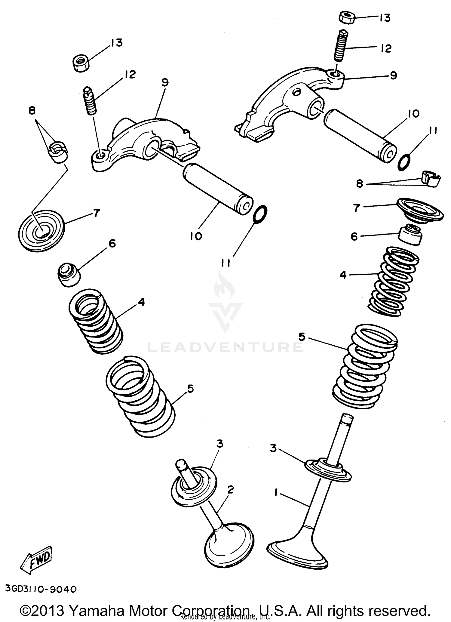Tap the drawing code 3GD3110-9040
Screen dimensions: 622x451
point(41,589)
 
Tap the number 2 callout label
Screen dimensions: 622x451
point(230,490)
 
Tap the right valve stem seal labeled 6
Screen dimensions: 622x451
point(410,235)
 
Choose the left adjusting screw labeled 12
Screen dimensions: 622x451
point(89,100)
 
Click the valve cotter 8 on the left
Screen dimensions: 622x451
point(59,151)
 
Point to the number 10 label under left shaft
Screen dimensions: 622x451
point(196,236)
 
